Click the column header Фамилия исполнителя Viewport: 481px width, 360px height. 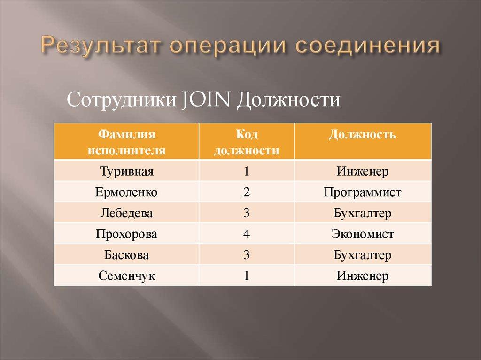(x=127, y=142)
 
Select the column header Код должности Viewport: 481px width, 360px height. (x=246, y=142)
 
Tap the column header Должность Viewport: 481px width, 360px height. (x=362, y=135)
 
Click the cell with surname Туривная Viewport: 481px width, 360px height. (x=127, y=171)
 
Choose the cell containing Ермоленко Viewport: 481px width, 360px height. (x=127, y=192)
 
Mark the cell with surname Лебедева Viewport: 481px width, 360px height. (x=127, y=213)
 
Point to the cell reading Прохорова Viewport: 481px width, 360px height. (x=127, y=234)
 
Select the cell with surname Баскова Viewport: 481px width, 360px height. (x=127, y=255)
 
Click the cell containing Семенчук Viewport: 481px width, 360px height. (x=127, y=276)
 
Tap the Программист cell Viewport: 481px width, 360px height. (x=362, y=192)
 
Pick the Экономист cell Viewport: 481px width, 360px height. (x=362, y=234)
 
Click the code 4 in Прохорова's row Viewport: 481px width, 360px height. (x=246, y=234)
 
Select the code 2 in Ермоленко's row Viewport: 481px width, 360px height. (x=246, y=192)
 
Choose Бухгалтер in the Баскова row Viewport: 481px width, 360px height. (x=362, y=255)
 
